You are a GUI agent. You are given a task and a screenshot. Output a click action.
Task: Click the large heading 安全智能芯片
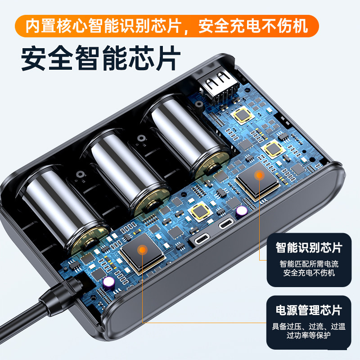coord(101,57)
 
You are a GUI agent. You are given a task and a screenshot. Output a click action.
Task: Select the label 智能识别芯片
coord(309,247)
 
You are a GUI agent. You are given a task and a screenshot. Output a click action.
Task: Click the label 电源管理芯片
coord(309,310)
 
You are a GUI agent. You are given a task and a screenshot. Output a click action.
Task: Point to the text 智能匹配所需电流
coord(309,264)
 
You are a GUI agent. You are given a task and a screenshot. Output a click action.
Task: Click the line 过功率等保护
coord(309,336)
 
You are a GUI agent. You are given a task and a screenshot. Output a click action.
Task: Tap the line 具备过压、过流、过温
coord(309,326)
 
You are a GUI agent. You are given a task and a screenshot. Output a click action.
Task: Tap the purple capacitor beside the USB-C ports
coord(242,211)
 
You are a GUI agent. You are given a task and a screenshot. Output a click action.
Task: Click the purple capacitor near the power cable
coord(108,282)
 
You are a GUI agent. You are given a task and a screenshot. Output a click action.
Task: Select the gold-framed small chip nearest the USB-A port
coord(243,115)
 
